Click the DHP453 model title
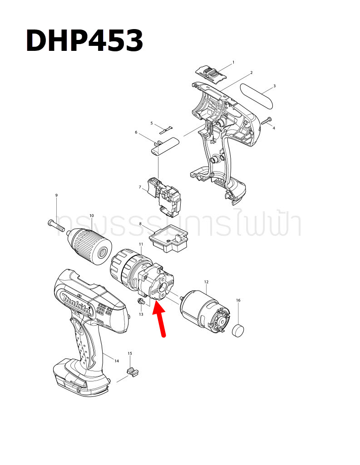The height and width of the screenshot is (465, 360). pyautogui.click(x=84, y=41)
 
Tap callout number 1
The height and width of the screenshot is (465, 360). pyautogui.click(x=233, y=62)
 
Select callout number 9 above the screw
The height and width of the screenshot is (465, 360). pyautogui.click(x=56, y=195)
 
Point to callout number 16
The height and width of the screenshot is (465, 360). pyautogui.click(x=238, y=300)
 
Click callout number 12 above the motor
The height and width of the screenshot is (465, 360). pyautogui.click(x=206, y=282)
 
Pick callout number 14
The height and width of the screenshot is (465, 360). pyautogui.click(x=117, y=361)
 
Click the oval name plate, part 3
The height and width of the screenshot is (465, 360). pyautogui.click(x=257, y=95)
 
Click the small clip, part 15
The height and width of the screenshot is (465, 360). pyautogui.click(x=132, y=372)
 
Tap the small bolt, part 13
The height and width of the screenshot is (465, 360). pyautogui.click(x=142, y=302)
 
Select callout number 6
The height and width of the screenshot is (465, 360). pyautogui.click(x=136, y=132)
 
